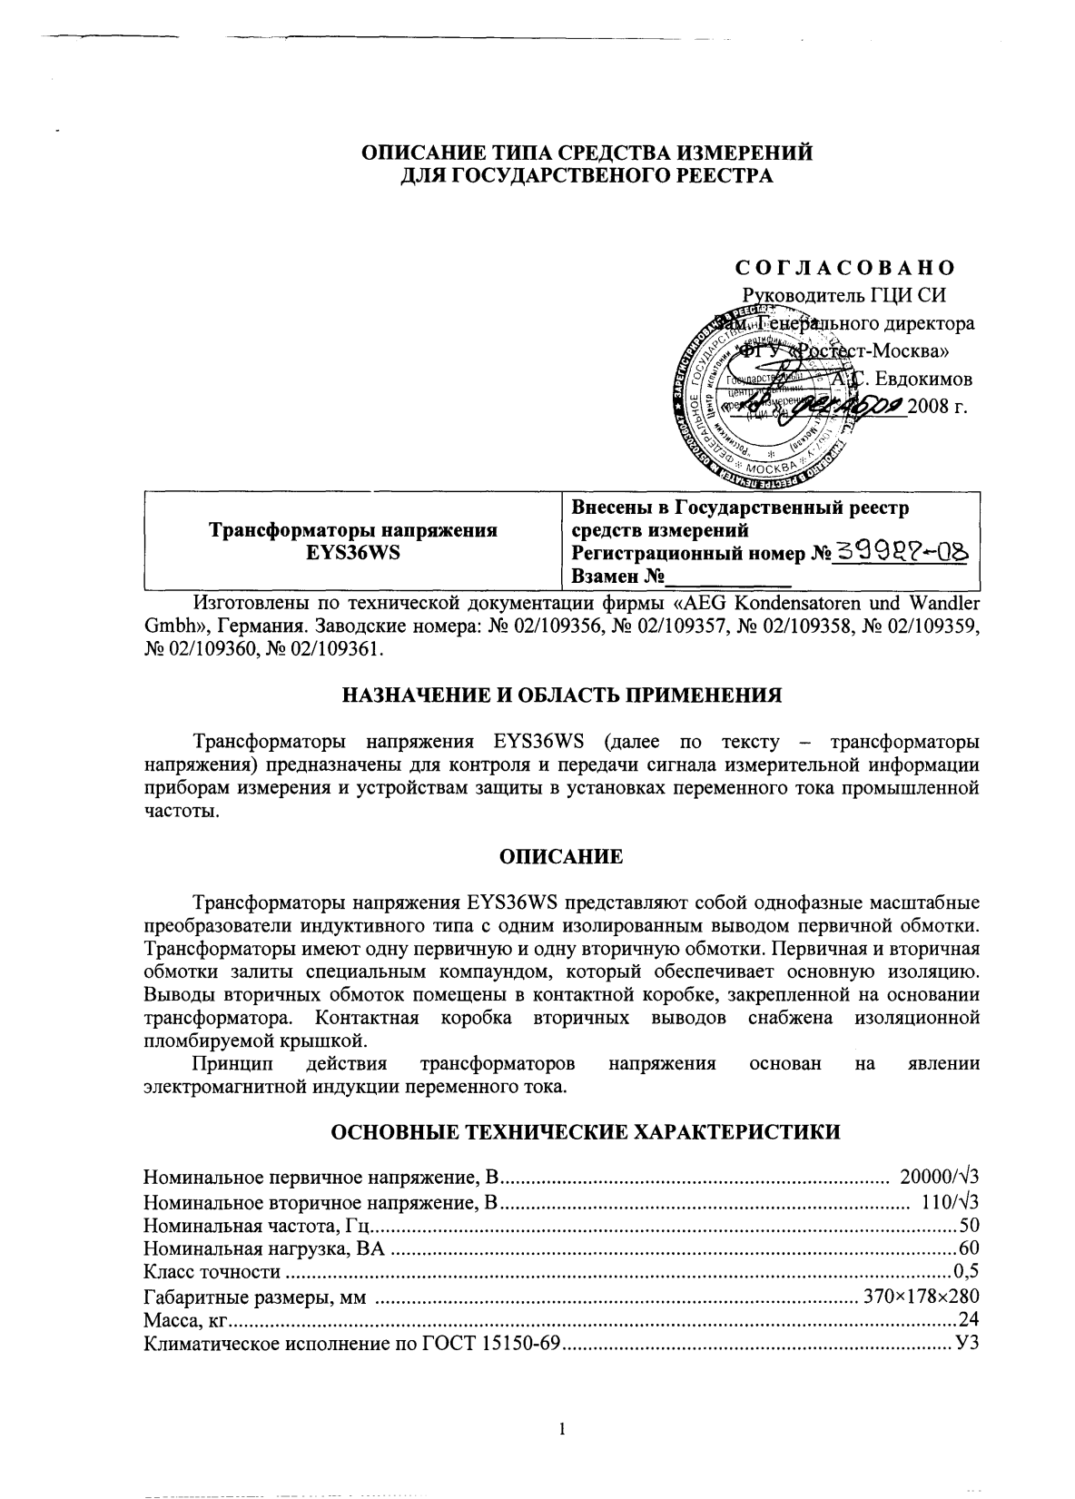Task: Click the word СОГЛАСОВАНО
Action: (x=844, y=268)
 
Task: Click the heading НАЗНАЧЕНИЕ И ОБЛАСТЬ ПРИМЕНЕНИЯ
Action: (x=561, y=696)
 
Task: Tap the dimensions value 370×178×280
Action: (x=921, y=1297)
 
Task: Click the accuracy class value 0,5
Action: (x=966, y=1273)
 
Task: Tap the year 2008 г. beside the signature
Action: (x=944, y=406)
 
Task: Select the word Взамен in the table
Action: (x=607, y=577)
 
